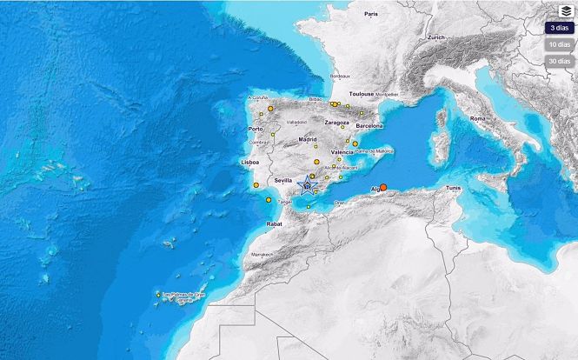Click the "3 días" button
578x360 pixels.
pos(559,27)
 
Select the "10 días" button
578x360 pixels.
pos(559,43)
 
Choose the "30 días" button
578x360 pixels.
pos(559,61)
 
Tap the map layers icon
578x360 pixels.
pos(566,10)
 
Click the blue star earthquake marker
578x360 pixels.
pos(307,184)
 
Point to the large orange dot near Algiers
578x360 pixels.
pos(383,187)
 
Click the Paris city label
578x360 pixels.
pos(372,14)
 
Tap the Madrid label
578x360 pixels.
pos(308,139)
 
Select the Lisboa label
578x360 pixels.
pos(250,163)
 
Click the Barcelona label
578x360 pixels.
pos(363,125)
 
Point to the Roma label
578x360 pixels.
pos(478,117)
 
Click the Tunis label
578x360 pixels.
pos(453,188)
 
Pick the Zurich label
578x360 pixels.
pos(436,37)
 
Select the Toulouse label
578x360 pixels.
pos(361,93)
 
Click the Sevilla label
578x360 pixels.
pos(284,180)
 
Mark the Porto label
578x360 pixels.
pos(256,129)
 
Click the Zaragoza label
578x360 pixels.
pos(336,123)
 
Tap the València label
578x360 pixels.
pos(342,152)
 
